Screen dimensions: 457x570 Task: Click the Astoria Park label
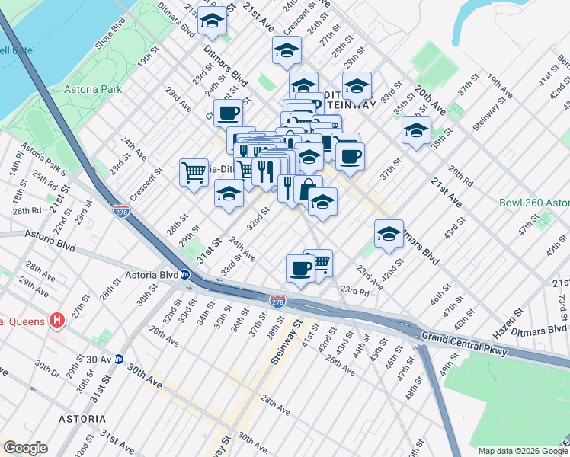coord(91,89)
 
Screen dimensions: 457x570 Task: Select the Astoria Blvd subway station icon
coord(185,275)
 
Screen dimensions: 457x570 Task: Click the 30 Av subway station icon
coord(119,360)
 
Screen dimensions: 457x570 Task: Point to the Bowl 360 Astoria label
coord(534,203)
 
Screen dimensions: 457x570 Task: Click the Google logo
coord(25,448)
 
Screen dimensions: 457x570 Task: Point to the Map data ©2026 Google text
coord(522,450)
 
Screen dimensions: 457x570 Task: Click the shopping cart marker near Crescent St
coord(194,171)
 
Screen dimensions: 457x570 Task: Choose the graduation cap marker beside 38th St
coord(416,129)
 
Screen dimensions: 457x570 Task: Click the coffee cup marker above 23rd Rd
coord(299,267)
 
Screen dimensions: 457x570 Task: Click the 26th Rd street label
coord(26,210)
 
